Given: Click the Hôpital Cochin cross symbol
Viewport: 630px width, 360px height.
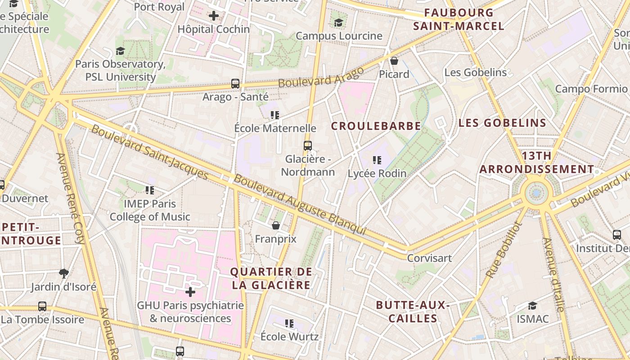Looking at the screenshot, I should pos(214,16).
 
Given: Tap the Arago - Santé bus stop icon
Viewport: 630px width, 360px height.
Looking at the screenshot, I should pos(235,84).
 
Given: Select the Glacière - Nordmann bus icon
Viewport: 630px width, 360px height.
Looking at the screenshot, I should pos(308,146).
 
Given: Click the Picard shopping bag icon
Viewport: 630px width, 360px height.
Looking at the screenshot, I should pos(394,60).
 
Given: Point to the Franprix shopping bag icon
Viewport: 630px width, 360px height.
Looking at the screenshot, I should pos(276,225).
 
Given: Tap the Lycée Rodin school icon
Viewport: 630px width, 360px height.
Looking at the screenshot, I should pos(377,160).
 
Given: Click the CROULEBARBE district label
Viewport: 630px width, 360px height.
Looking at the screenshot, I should pos(376,126).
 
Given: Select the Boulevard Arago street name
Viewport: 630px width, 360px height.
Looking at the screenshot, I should pos(321,77).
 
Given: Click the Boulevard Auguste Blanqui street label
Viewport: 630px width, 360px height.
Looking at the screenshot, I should pos(300,205).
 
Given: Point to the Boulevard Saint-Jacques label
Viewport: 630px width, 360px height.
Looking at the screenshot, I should pos(150,152).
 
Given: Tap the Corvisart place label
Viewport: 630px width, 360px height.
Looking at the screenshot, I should pos(429,258).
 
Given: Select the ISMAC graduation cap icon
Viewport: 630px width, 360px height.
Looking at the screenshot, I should pos(533,306).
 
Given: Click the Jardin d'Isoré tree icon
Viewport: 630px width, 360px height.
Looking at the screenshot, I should pos(64,273).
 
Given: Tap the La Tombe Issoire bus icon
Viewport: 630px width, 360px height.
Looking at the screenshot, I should pos(42,306).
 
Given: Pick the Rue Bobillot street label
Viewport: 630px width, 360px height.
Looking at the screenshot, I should pos(503,250).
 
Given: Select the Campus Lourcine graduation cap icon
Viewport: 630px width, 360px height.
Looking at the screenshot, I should pos(338,22).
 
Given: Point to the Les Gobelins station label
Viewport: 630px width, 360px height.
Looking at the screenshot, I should pos(475,72).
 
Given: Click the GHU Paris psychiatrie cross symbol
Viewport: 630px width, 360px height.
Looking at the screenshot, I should pos(190,292).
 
